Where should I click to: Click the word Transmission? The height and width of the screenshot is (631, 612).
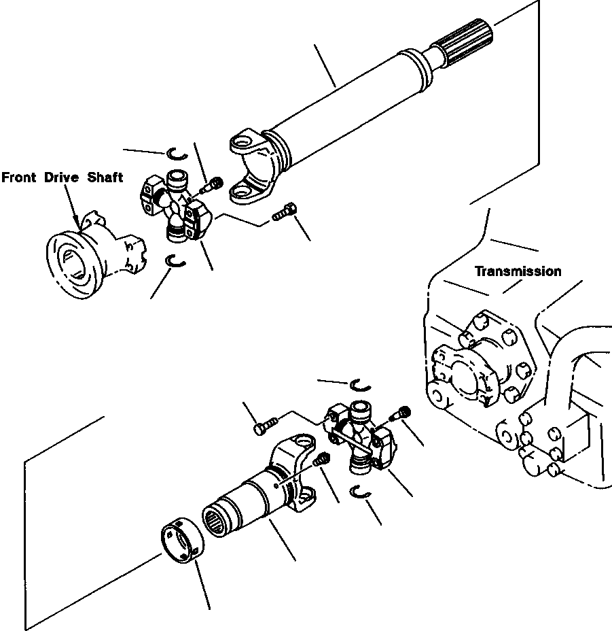point(518,271)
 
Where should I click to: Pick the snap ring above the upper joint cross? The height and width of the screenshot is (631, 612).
point(173,152)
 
